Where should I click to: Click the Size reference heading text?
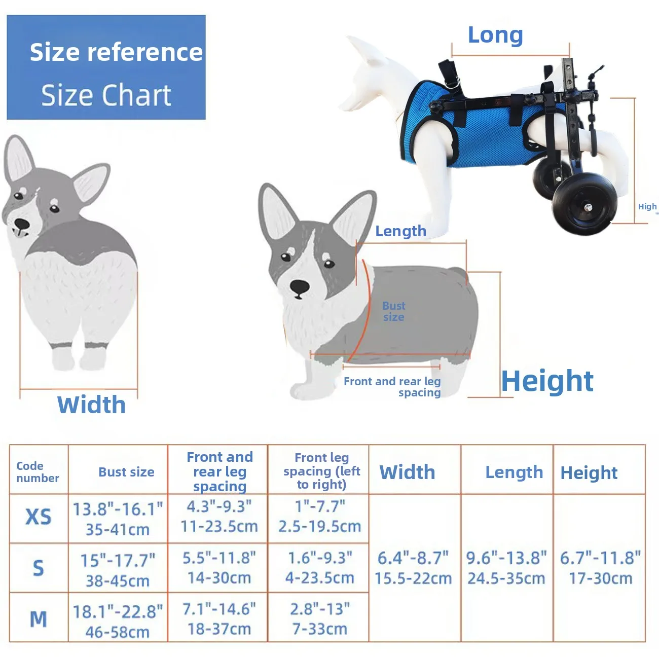coord(116,52)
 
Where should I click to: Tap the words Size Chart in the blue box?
coord(106,95)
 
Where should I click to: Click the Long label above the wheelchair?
coord(495,35)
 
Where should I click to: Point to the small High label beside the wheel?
coord(647,206)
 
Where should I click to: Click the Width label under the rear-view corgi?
coord(91,405)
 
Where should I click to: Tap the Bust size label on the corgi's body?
coord(393,311)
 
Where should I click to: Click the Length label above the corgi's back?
coord(401,231)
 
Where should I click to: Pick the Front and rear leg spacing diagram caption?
coord(392,387)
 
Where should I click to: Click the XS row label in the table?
coord(39,517)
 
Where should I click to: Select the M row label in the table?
coord(39,619)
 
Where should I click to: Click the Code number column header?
coord(38,471)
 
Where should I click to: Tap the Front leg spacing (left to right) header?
coord(321,471)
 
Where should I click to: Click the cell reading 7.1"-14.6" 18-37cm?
coord(219,619)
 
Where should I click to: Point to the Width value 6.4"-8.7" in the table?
coord(413,558)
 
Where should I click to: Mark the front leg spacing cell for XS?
coord(320,517)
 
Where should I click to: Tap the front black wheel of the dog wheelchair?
coord(581,204)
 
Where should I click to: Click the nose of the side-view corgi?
coord(300,286)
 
